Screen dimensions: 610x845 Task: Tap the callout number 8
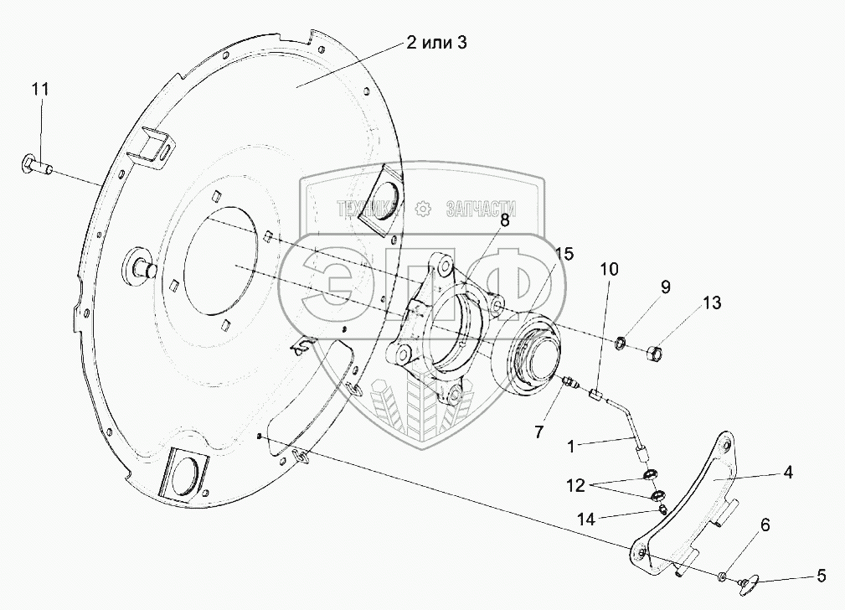click(505, 221)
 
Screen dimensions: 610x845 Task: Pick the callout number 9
click(665, 287)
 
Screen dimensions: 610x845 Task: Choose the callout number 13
click(711, 302)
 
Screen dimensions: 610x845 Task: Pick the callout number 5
click(822, 576)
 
